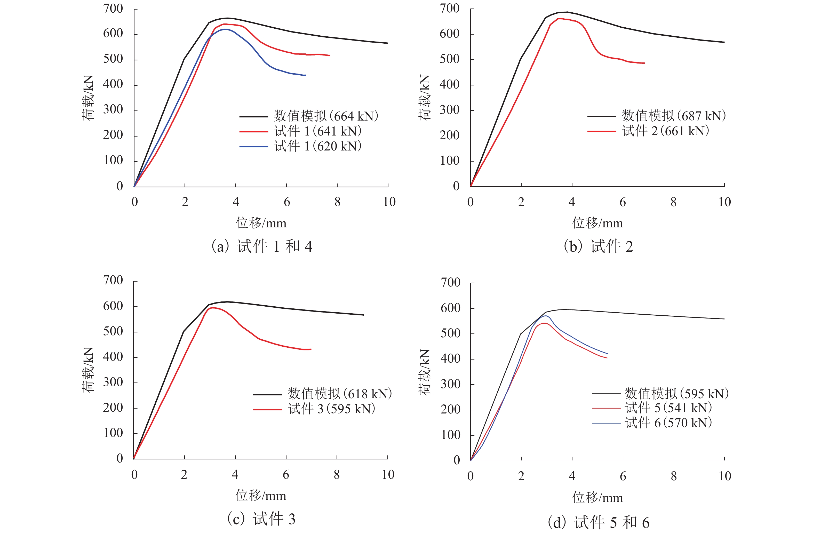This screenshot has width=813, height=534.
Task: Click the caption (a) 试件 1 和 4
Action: click(262, 246)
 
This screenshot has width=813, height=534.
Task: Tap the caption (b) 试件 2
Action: click(599, 246)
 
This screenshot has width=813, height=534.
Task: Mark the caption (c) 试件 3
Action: click(261, 519)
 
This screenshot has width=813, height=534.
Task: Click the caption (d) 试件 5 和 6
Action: click(599, 522)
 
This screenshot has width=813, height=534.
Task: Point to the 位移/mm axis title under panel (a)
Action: click(261, 223)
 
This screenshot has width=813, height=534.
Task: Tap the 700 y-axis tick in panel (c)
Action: click(113, 280)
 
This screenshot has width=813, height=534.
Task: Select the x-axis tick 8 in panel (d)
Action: click(674, 476)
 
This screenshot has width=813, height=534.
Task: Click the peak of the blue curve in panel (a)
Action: click(226, 29)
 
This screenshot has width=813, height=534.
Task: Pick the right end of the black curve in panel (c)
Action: click(363, 315)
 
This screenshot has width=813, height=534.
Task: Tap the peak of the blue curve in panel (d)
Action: click(546, 316)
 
